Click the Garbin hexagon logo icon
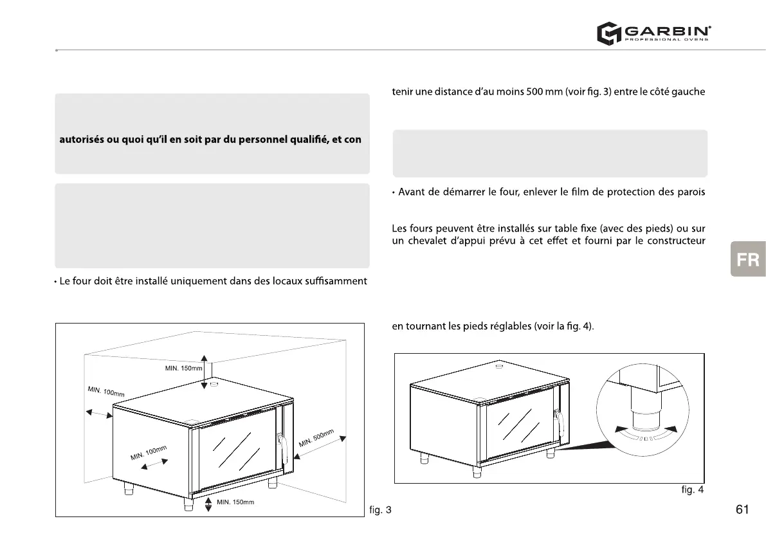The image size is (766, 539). pos(607,33)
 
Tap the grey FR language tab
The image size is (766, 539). pos(748,259)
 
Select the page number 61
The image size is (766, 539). pos(742,509)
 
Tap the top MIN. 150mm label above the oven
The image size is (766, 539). pos(183,368)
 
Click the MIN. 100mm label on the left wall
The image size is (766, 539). pos(105,392)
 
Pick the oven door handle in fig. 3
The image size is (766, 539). pos(280,446)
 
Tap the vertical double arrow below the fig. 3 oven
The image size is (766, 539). pos(208,504)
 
